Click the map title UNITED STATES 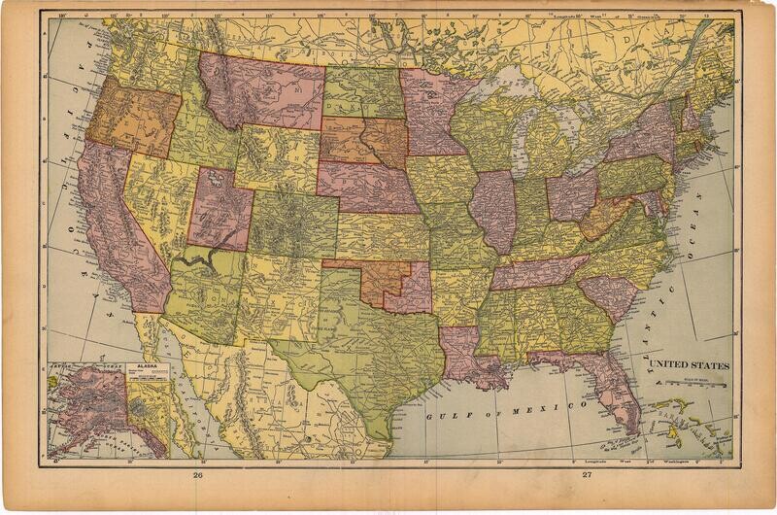689,364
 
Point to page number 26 198,475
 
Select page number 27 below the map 587,475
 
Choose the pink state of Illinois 495,209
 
